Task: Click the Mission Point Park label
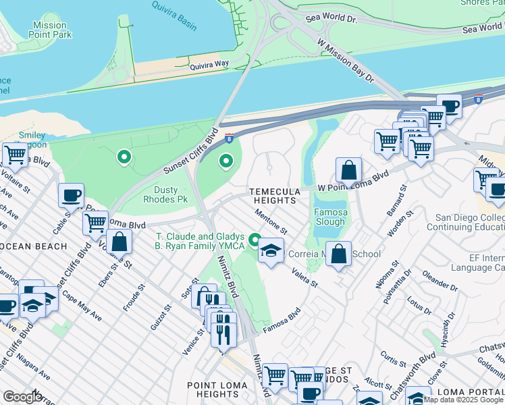[49, 30]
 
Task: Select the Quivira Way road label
[209, 66]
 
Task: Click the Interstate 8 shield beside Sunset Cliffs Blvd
[230, 138]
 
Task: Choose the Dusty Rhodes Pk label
[165, 194]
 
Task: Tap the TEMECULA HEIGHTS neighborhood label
[273, 196]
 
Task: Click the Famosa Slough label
[330, 217]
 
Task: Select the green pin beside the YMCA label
[255, 240]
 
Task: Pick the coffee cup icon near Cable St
[71, 196]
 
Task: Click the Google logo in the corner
[22, 397]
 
